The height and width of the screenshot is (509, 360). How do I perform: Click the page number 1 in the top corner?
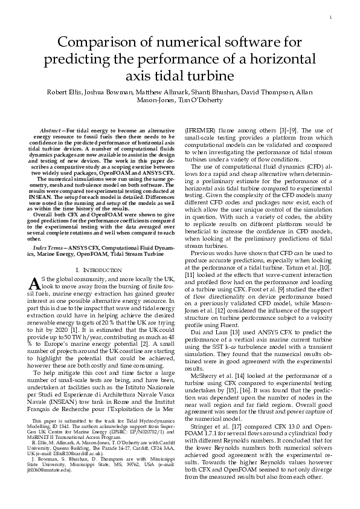tap(330, 18)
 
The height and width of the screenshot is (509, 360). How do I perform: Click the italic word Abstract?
tap(51, 131)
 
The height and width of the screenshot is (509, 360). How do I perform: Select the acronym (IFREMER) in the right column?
tap(199, 131)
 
